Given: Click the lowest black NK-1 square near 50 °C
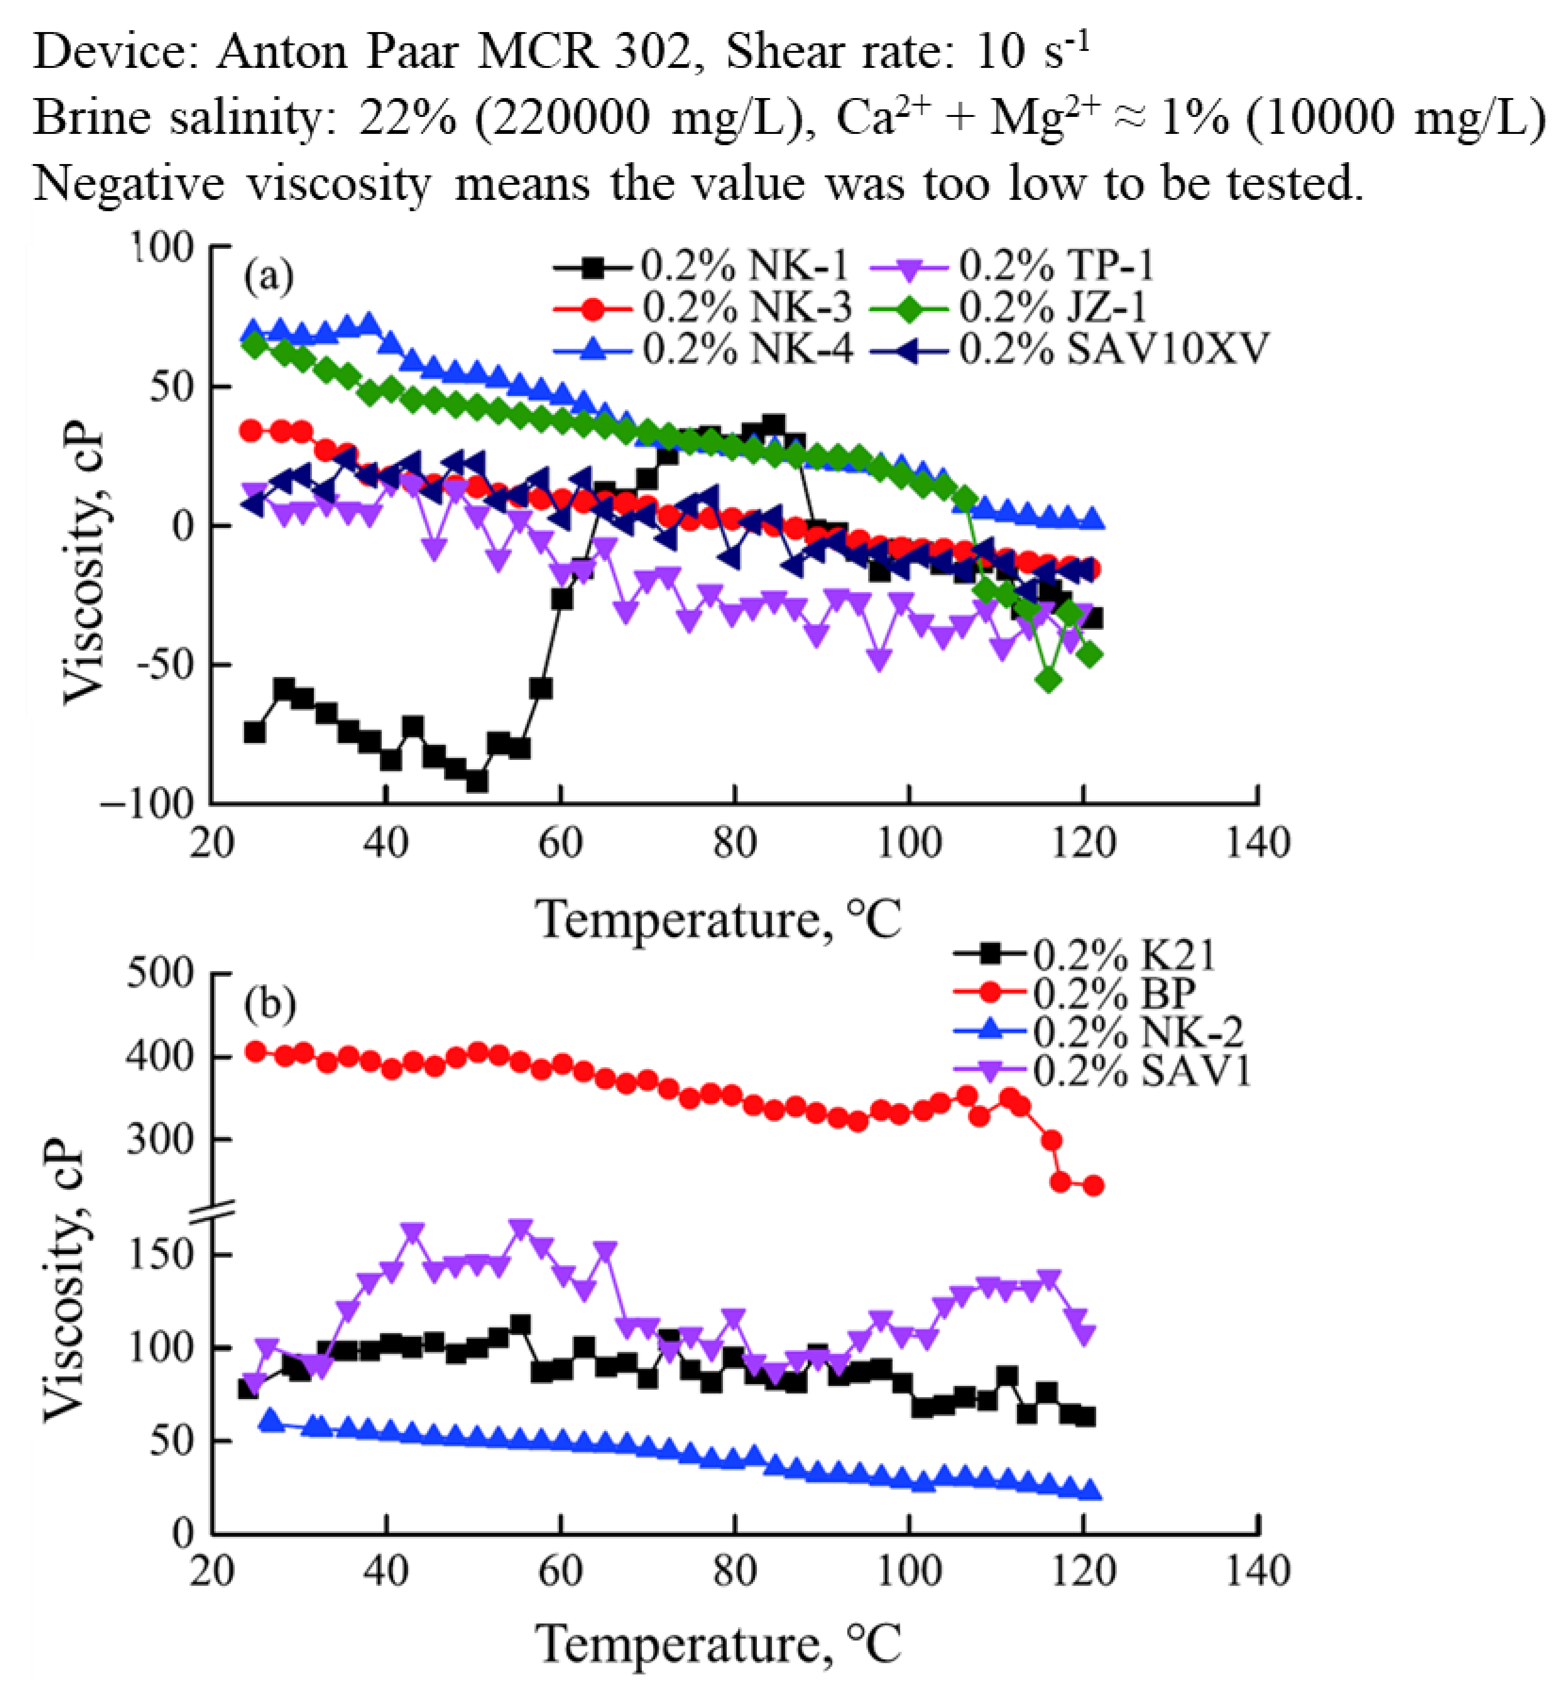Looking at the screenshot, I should [x=477, y=781].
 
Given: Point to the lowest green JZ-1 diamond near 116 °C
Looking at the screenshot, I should [x=1049, y=680].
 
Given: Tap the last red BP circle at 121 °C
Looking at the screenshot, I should [x=1093, y=1185].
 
